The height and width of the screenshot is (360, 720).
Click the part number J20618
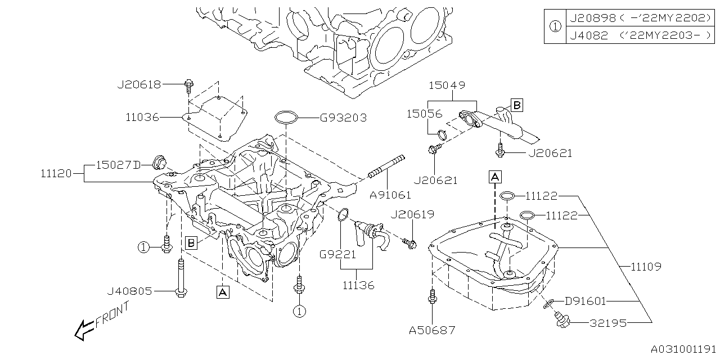point(139,84)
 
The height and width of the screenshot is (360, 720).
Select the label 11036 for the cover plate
point(142,118)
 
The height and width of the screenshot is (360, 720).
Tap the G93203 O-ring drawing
point(285,118)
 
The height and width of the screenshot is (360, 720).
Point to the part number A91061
point(390,195)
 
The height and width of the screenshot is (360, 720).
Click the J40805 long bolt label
point(129,291)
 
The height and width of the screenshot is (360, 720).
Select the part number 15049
point(447,85)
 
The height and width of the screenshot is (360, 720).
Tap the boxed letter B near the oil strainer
point(516,105)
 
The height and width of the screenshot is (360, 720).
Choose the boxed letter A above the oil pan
point(494,177)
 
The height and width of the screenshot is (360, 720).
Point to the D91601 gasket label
point(585,301)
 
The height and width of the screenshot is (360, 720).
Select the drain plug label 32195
point(608,323)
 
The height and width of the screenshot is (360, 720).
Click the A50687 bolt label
point(433,330)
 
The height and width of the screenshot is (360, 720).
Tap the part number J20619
point(412,214)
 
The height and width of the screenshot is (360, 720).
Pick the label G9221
point(338,254)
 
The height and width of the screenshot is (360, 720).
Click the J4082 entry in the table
point(588,35)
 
